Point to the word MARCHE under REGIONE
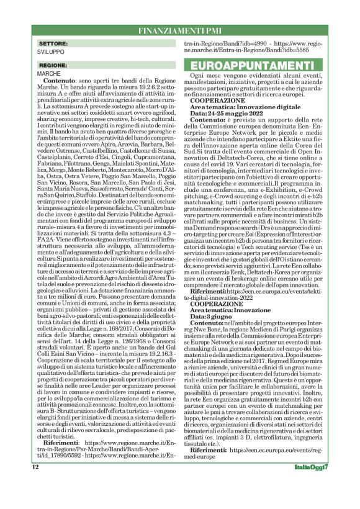[x=48, y=73]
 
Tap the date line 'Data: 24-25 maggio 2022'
[x=230, y=114]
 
